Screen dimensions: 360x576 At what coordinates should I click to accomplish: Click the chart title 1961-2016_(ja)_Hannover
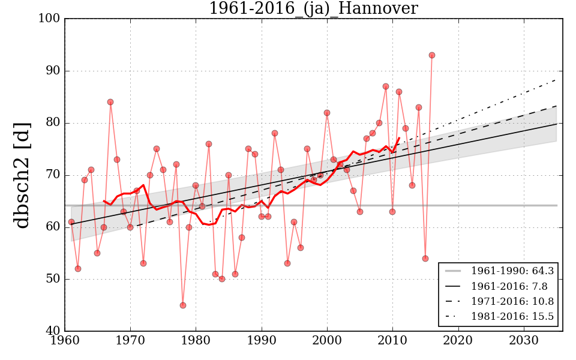313,8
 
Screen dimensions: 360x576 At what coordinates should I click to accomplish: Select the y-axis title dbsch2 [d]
22,175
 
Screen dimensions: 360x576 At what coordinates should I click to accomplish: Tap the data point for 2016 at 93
432,55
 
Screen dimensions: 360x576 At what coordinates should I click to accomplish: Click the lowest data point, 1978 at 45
183,305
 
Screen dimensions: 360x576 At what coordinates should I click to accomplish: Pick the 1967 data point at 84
110,102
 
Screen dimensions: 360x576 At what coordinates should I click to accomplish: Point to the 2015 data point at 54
425,259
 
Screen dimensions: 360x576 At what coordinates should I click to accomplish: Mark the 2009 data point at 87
386,86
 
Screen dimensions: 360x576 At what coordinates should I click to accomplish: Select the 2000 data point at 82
327,113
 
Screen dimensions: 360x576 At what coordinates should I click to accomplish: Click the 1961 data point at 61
71,222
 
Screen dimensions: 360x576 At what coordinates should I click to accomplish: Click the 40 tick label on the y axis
53,331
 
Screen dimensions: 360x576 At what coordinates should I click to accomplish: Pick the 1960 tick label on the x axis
65,341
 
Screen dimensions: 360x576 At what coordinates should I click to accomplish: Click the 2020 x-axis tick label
459,341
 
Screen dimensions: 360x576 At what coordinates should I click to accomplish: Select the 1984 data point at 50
222,279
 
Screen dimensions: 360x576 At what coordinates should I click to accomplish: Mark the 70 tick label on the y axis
53,175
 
